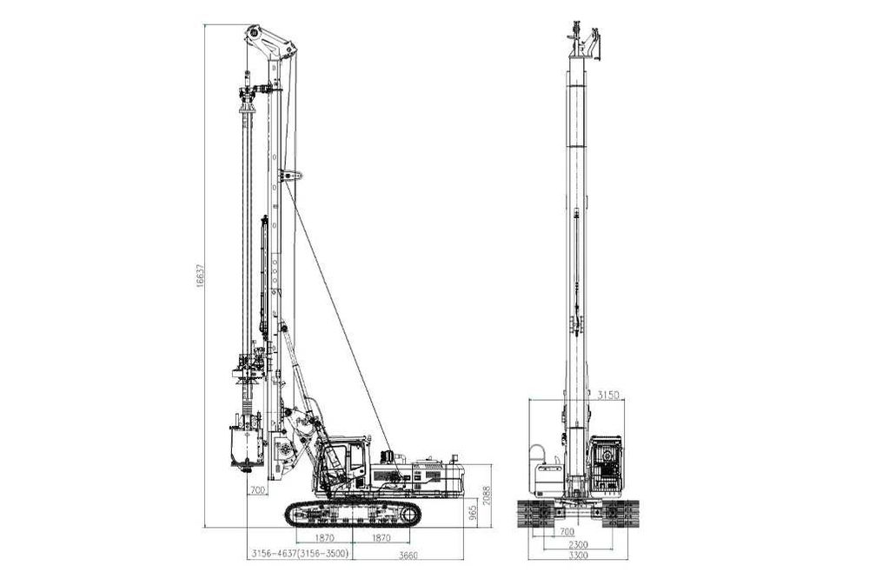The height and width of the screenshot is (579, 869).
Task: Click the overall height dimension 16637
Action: (200, 275)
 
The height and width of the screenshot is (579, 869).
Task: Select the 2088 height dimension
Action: (486, 495)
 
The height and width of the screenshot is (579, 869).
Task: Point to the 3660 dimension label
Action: (408, 556)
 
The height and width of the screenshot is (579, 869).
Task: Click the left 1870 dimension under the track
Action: (324, 537)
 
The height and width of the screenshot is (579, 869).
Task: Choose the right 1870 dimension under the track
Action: (381, 537)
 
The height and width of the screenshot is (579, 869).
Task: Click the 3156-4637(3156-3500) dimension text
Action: (300, 554)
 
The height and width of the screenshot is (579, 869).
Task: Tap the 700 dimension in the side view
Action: (258, 490)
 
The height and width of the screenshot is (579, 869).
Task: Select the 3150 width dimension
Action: (608, 396)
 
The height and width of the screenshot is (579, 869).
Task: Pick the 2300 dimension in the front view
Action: (578, 544)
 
